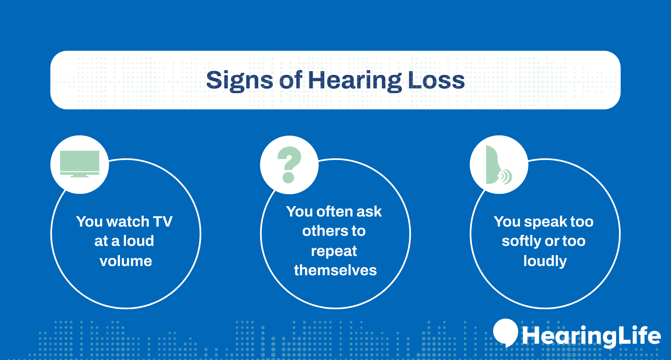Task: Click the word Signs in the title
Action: click(239, 80)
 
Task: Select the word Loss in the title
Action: click(436, 80)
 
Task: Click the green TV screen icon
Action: click(80, 161)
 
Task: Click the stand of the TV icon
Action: click(80, 176)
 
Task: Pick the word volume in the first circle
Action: click(126, 261)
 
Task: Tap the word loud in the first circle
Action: click(139, 241)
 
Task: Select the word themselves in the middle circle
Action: click(335, 270)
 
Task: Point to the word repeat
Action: click(334, 251)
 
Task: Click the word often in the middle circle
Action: click(334, 211)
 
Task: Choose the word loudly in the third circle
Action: click(545, 261)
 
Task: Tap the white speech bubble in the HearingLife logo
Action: click(505, 332)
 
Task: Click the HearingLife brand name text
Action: click(591, 336)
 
